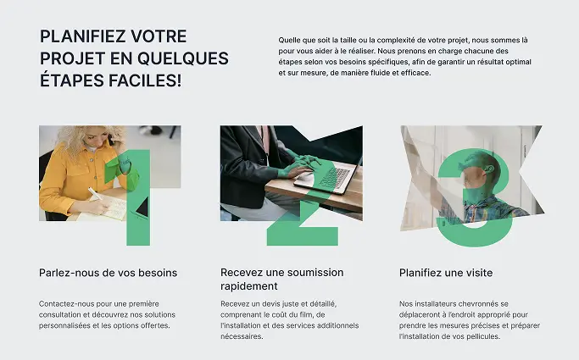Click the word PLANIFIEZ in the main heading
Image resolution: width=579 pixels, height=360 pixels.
pos(82,36)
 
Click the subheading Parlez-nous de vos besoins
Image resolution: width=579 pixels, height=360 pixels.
pos(109,273)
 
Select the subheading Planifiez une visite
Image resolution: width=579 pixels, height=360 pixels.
pos(446,273)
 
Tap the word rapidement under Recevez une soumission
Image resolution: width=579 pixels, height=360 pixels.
pos(249,286)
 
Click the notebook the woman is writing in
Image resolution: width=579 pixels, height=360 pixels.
pos(111,207)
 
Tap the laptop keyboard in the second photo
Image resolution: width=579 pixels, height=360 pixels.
pos(333,177)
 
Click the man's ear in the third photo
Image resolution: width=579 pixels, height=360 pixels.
pos(490,169)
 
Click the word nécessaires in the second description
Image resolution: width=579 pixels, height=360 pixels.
pos(242,336)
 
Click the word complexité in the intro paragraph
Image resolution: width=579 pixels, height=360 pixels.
pos(396,40)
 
